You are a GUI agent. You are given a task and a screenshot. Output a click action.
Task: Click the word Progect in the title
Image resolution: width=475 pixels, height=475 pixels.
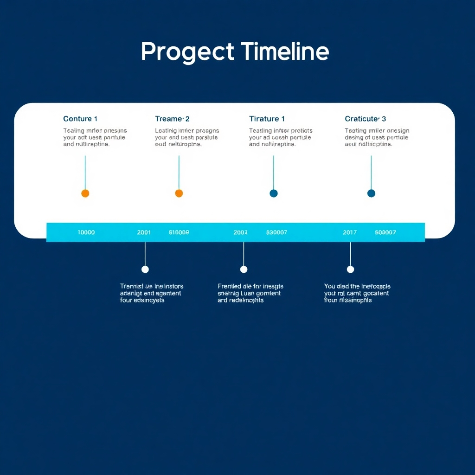click(187, 51)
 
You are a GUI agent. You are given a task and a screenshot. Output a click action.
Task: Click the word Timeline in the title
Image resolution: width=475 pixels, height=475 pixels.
click(285, 51)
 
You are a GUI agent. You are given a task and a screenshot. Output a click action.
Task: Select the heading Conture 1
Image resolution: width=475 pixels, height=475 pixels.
click(80, 119)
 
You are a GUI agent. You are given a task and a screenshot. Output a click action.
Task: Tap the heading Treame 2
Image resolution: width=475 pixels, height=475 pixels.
click(172, 119)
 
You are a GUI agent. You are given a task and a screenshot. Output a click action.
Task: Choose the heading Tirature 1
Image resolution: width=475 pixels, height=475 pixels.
click(267, 119)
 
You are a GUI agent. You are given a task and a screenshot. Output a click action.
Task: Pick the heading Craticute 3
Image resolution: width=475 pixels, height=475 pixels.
click(365, 119)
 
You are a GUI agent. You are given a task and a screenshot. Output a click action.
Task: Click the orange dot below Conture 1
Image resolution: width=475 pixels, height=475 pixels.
click(85, 193)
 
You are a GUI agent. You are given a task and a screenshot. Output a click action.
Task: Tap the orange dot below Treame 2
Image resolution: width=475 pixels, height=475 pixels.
click(179, 193)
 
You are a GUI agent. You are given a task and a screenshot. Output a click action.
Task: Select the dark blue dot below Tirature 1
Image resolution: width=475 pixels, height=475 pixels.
click(274, 193)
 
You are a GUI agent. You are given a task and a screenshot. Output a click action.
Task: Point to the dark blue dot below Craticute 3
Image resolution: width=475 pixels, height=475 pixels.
click(371, 193)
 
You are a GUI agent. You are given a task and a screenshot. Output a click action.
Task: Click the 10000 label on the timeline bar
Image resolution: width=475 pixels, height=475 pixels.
click(86, 232)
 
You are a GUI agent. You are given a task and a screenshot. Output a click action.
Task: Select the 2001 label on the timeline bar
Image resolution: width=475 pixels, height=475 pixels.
click(144, 232)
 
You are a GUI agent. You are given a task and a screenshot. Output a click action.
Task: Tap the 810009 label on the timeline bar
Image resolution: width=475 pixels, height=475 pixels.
click(179, 232)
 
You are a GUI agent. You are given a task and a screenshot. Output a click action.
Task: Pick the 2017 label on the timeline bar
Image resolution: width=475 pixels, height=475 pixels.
click(350, 232)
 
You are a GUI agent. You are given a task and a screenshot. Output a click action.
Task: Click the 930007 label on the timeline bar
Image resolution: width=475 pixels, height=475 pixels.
click(276, 232)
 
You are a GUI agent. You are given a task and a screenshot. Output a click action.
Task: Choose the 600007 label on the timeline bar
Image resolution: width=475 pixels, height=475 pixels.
click(385, 232)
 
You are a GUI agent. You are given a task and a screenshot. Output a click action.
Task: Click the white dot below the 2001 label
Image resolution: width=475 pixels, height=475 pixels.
click(145, 270)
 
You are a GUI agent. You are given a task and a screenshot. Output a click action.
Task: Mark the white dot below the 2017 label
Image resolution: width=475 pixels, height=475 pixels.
click(350, 270)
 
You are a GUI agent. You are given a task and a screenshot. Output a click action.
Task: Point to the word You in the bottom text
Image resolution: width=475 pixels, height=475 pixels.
click(329, 286)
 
